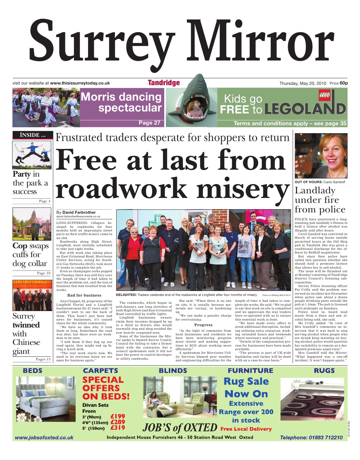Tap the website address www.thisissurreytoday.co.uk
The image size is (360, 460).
tap(80, 83)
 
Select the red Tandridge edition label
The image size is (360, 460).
tap(164, 83)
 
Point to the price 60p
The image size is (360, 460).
tap(344, 83)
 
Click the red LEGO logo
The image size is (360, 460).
tap(324, 95)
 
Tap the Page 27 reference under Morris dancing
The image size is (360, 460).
tap(149, 123)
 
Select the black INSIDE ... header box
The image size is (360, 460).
tap(33, 135)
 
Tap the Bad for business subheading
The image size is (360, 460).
tap(84, 295)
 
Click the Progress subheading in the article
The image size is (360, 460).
tap(203, 325)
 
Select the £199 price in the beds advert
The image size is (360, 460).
tap(118, 416)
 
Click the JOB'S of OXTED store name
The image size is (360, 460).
tap(180, 427)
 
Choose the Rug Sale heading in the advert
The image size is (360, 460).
tap(246, 381)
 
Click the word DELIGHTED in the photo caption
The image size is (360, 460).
tap(126, 295)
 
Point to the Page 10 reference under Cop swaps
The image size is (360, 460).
tap(44, 273)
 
